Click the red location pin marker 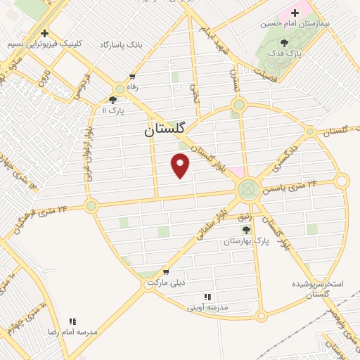[x=181, y=165]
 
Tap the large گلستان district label [x=165, y=129]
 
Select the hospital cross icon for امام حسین [x=295, y=13]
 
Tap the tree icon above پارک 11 [x=113, y=100]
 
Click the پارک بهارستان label [x=247, y=240]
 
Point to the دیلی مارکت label [x=165, y=282]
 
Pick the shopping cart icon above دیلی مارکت [x=165, y=271]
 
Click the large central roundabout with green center [x=247, y=188]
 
